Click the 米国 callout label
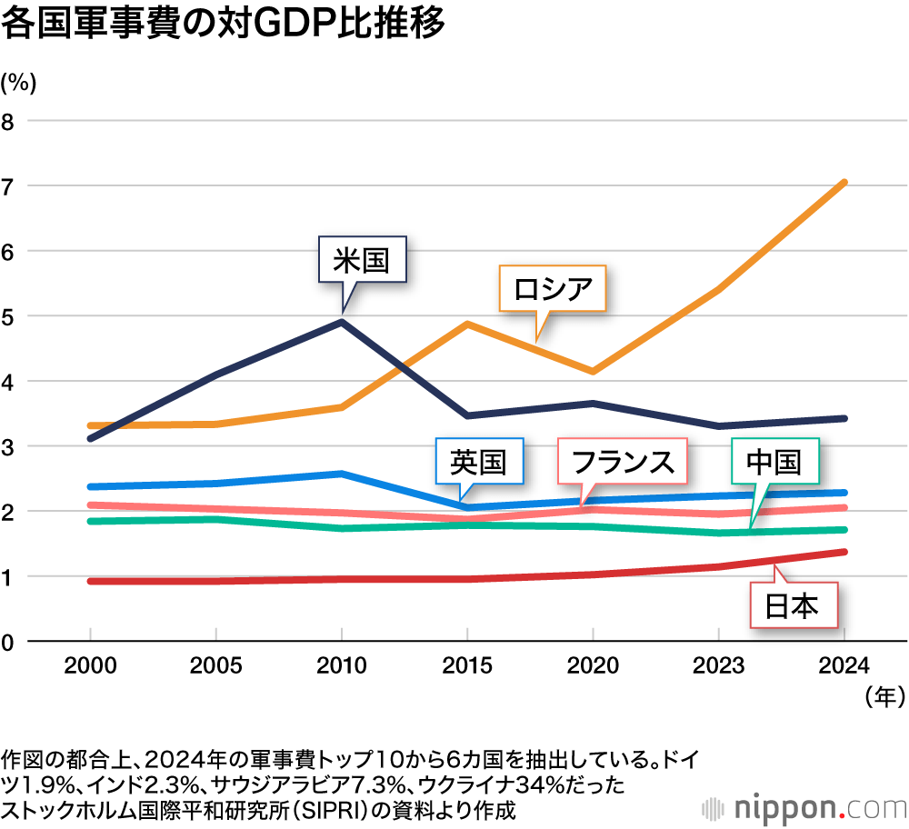click(x=361, y=262)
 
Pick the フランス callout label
click(x=622, y=463)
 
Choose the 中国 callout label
click(x=774, y=462)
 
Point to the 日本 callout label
click(x=791, y=604)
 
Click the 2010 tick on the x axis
click(x=341, y=665)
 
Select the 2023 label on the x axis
click(x=719, y=665)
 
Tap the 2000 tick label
click(x=90, y=665)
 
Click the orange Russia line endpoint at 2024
click(x=844, y=183)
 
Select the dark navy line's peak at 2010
click(x=341, y=321)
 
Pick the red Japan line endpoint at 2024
click(x=844, y=552)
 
